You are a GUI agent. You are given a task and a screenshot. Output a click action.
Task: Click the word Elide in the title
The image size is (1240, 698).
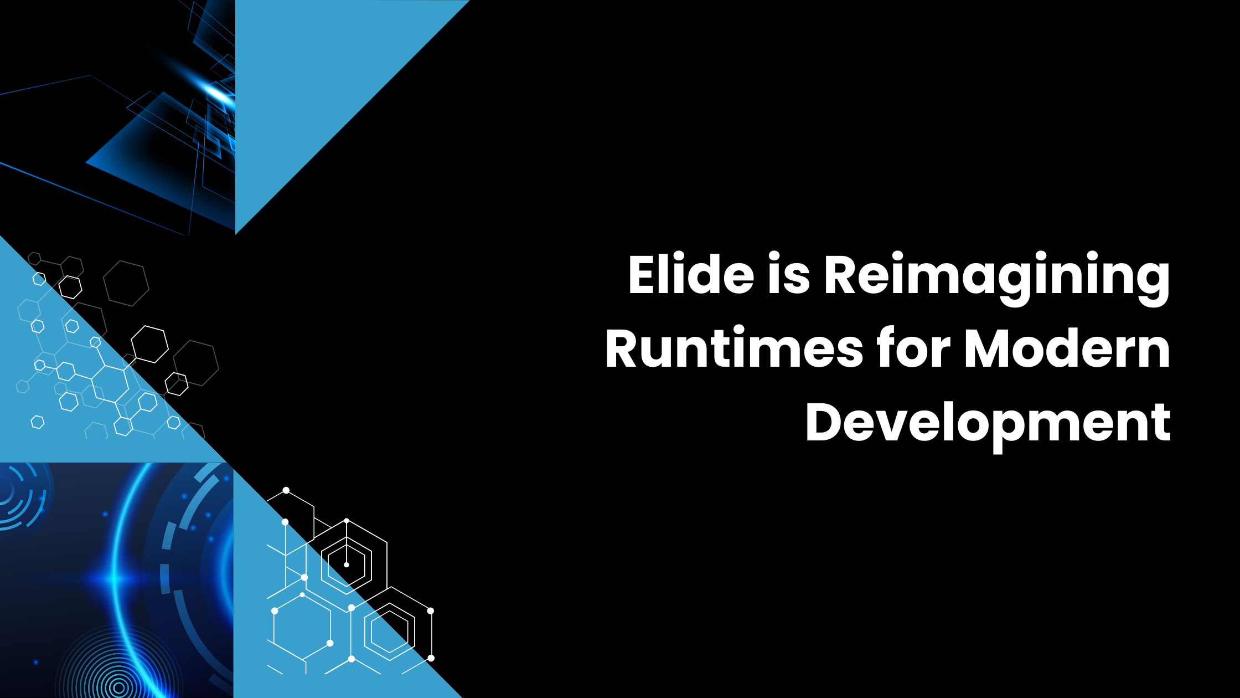point(691,274)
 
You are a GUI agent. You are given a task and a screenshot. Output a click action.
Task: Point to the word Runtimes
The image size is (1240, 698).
point(734,349)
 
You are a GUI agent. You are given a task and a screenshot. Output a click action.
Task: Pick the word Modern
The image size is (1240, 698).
point(1067,349)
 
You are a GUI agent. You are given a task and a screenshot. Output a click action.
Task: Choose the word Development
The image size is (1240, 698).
point(988,424)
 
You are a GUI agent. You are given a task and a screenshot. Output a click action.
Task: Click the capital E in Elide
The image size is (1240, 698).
point(642,274)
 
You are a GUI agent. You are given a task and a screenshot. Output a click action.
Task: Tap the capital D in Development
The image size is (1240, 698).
point(825,422)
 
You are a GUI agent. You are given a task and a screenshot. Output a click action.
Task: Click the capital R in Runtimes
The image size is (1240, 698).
point(623,349)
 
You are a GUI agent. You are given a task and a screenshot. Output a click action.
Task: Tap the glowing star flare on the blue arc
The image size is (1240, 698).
point(113,579)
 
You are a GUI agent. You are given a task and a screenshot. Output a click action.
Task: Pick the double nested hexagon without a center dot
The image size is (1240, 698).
point(389,632)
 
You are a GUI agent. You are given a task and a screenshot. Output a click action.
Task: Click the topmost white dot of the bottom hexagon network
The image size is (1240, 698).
point(286,490)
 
